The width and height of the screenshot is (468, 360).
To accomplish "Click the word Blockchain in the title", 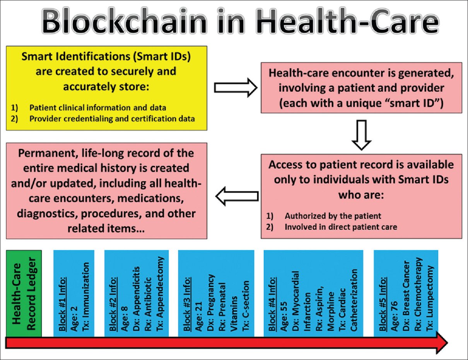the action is click(x=124, y=21).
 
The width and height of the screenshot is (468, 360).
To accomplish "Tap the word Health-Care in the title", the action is click(x=347, y=21).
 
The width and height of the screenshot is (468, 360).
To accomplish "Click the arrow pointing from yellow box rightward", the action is click(x=236, y=88).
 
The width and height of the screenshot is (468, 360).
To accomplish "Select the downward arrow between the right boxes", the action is click(x=361, y=135).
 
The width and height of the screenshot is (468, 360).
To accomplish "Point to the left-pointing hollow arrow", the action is click(x=237, y=196).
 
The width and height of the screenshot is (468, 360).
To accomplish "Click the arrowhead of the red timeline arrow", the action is click(x=442, y=343).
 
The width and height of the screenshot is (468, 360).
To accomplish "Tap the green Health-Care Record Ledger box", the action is click(x=24, y=293).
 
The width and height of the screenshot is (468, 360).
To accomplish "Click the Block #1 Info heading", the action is click(x=62, y=304).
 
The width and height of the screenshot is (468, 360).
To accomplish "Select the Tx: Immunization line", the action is click(x=85, y=297).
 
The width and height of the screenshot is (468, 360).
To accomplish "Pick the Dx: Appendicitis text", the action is click(x=136, y=299).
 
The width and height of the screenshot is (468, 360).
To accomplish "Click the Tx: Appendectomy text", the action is click(x=160, y=294).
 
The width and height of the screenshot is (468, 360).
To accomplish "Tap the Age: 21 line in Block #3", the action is click(x=198, y=316).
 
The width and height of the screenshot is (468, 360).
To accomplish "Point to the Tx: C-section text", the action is click(x=245, y=306).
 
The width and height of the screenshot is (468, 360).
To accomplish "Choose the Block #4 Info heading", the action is click(x=272, y=304).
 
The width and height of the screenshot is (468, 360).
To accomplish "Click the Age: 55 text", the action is click(x=284, y=316).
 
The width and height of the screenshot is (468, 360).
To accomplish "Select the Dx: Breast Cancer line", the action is click(x=406, y=296).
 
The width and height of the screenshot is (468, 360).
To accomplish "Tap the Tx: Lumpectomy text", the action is click(x=430, y=298).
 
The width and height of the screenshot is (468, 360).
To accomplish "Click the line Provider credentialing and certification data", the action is click(x=112, y=119).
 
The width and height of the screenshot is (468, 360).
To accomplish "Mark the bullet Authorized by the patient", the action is click(x=333, y=216).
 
